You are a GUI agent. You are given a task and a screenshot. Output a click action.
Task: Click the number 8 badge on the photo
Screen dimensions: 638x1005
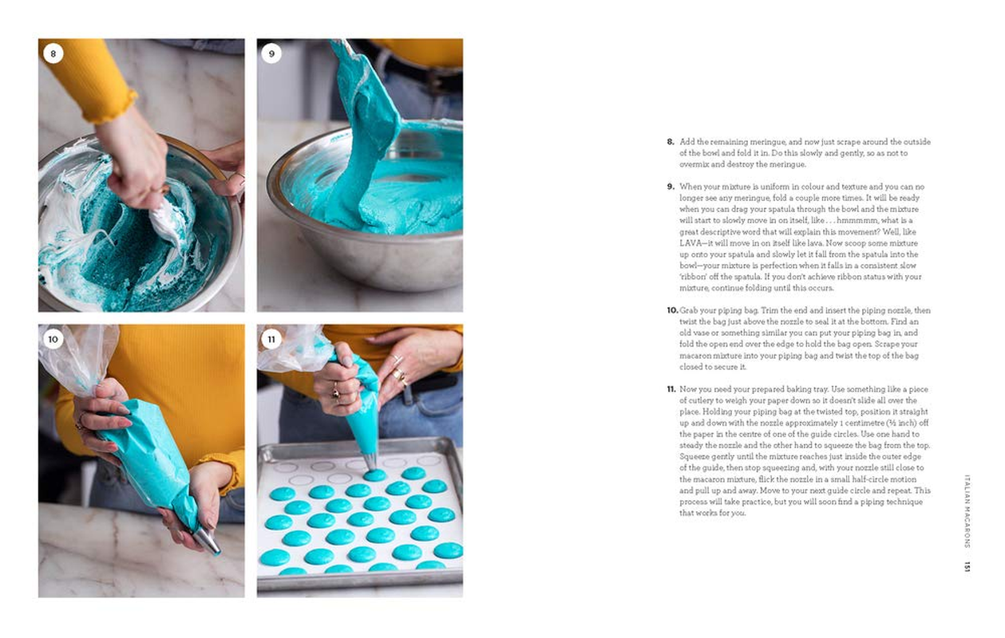(x=53, y=53)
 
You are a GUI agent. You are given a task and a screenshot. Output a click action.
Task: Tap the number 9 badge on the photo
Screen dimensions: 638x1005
(x=271, y=53)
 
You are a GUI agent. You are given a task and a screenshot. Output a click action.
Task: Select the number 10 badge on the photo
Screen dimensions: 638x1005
(x=53, y=339)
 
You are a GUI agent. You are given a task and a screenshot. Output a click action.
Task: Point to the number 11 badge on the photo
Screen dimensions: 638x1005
(x=271, y=339)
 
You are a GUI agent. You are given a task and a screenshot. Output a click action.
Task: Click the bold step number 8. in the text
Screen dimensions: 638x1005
(x=671, y=142)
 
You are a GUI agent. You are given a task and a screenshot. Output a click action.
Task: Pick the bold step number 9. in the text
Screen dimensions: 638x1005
(x=671, y=187)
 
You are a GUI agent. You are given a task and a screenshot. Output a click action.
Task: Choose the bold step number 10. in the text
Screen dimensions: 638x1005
(x=672, y=310)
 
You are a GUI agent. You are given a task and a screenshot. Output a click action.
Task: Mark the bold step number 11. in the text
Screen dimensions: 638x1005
(x=671, y=389)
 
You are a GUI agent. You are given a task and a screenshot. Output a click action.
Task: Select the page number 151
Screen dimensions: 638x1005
(x=967, y=567)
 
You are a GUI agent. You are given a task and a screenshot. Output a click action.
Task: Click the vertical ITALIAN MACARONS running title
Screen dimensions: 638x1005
(x=967, y=511)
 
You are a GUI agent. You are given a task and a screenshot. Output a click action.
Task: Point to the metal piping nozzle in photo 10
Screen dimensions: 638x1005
(x=208, y=542)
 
